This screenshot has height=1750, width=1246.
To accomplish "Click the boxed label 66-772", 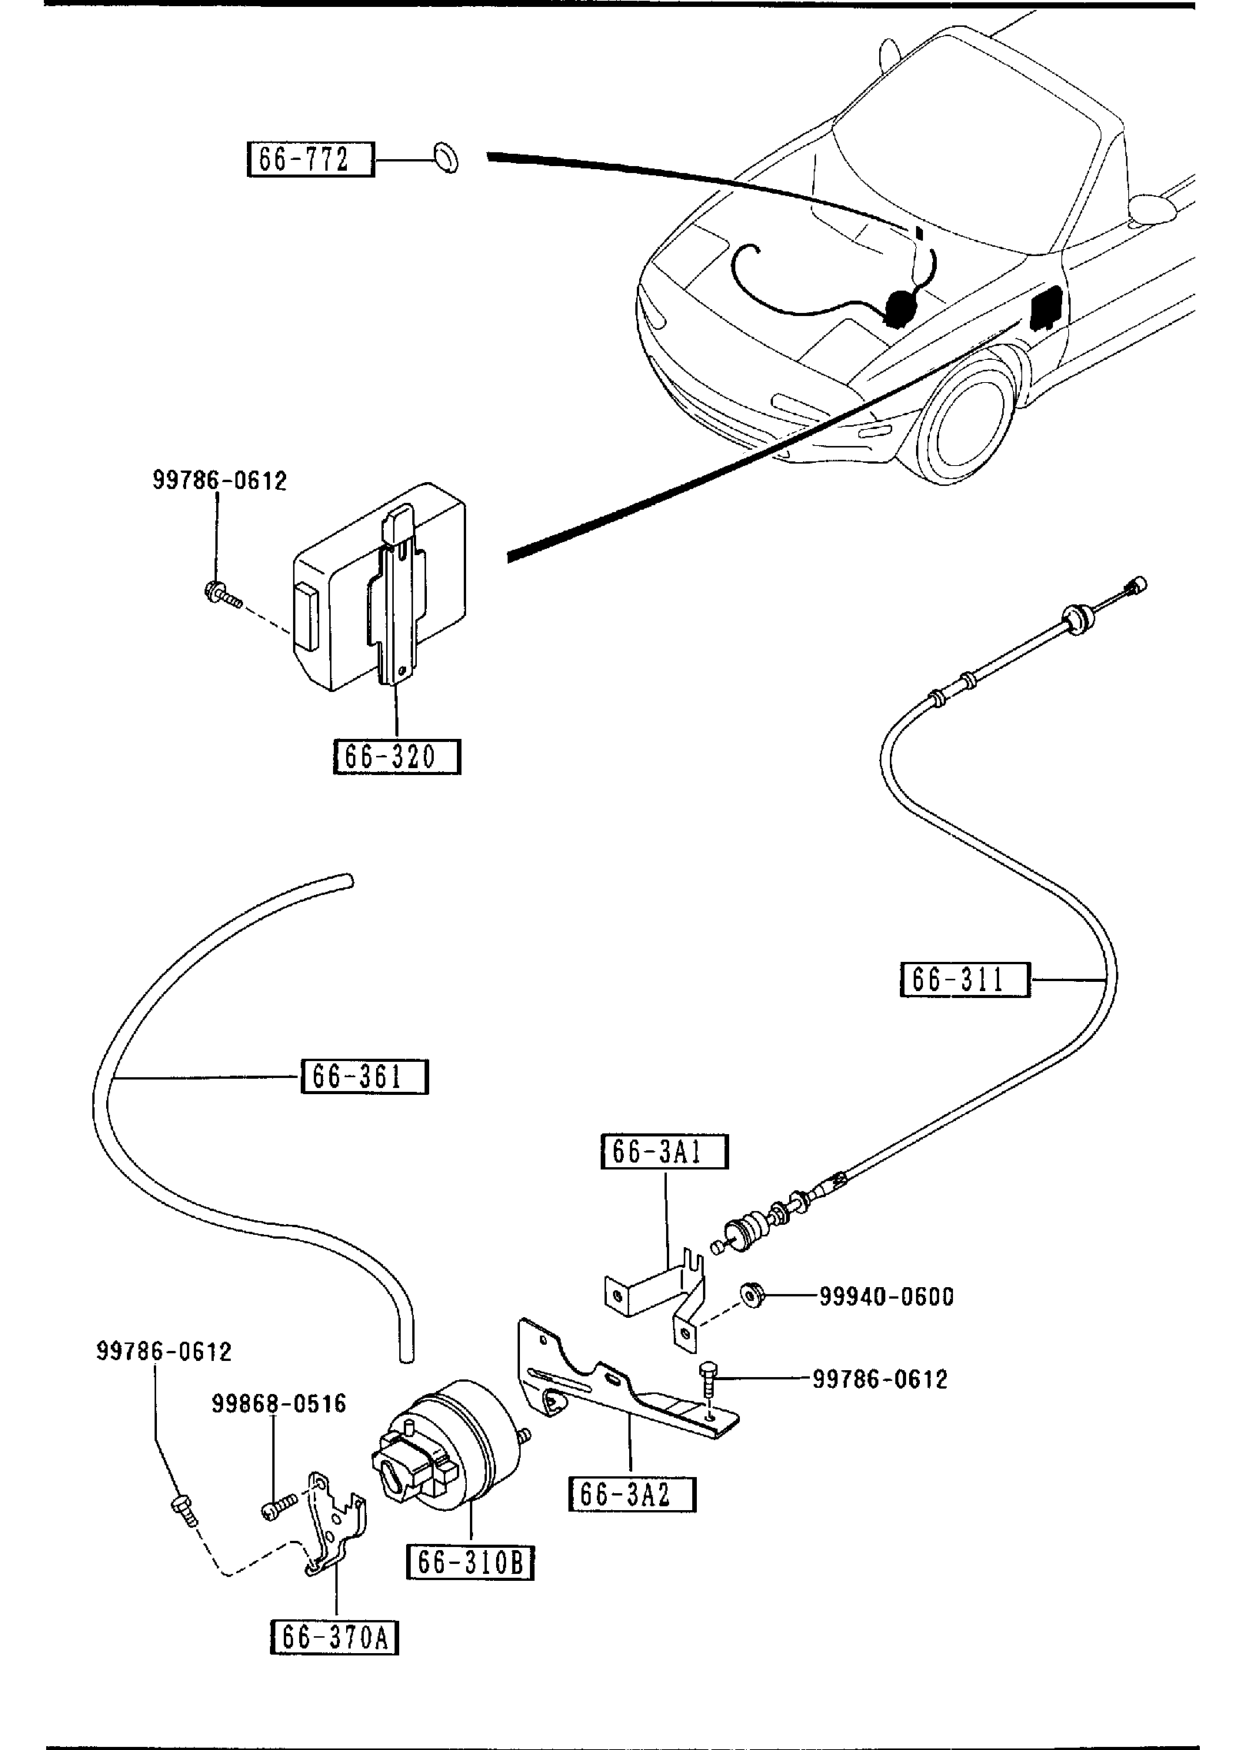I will [310, 160].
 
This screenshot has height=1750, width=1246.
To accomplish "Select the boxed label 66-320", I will [397, 757].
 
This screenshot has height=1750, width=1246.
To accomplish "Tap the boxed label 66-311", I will [964, 980].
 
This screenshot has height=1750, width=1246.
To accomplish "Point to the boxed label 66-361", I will [365, 1076].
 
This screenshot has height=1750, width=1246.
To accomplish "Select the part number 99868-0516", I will [279, 1404].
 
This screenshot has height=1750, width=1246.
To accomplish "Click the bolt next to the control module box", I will [222, 594].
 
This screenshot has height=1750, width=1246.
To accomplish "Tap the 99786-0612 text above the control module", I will [219, 481].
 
